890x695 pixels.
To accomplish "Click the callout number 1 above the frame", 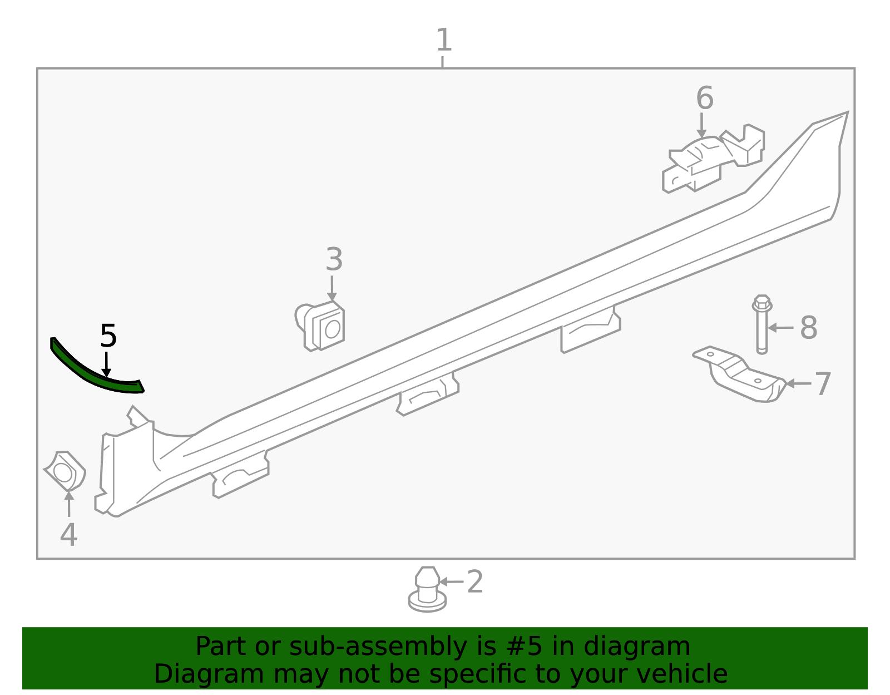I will click(x=443, y=41).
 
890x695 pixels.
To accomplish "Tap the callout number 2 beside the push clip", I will click(x=474, y=582).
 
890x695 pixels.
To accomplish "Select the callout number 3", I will click(x=334, y=260).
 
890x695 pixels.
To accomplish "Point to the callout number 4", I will click(x=68, y=535).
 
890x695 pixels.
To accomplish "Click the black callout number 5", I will click(x=108, y=336).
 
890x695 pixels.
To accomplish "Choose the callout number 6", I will click(x=704, y=98).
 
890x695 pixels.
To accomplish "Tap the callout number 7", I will click(x=822, y=384).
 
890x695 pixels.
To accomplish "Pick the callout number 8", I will click(x=808, y=328).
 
